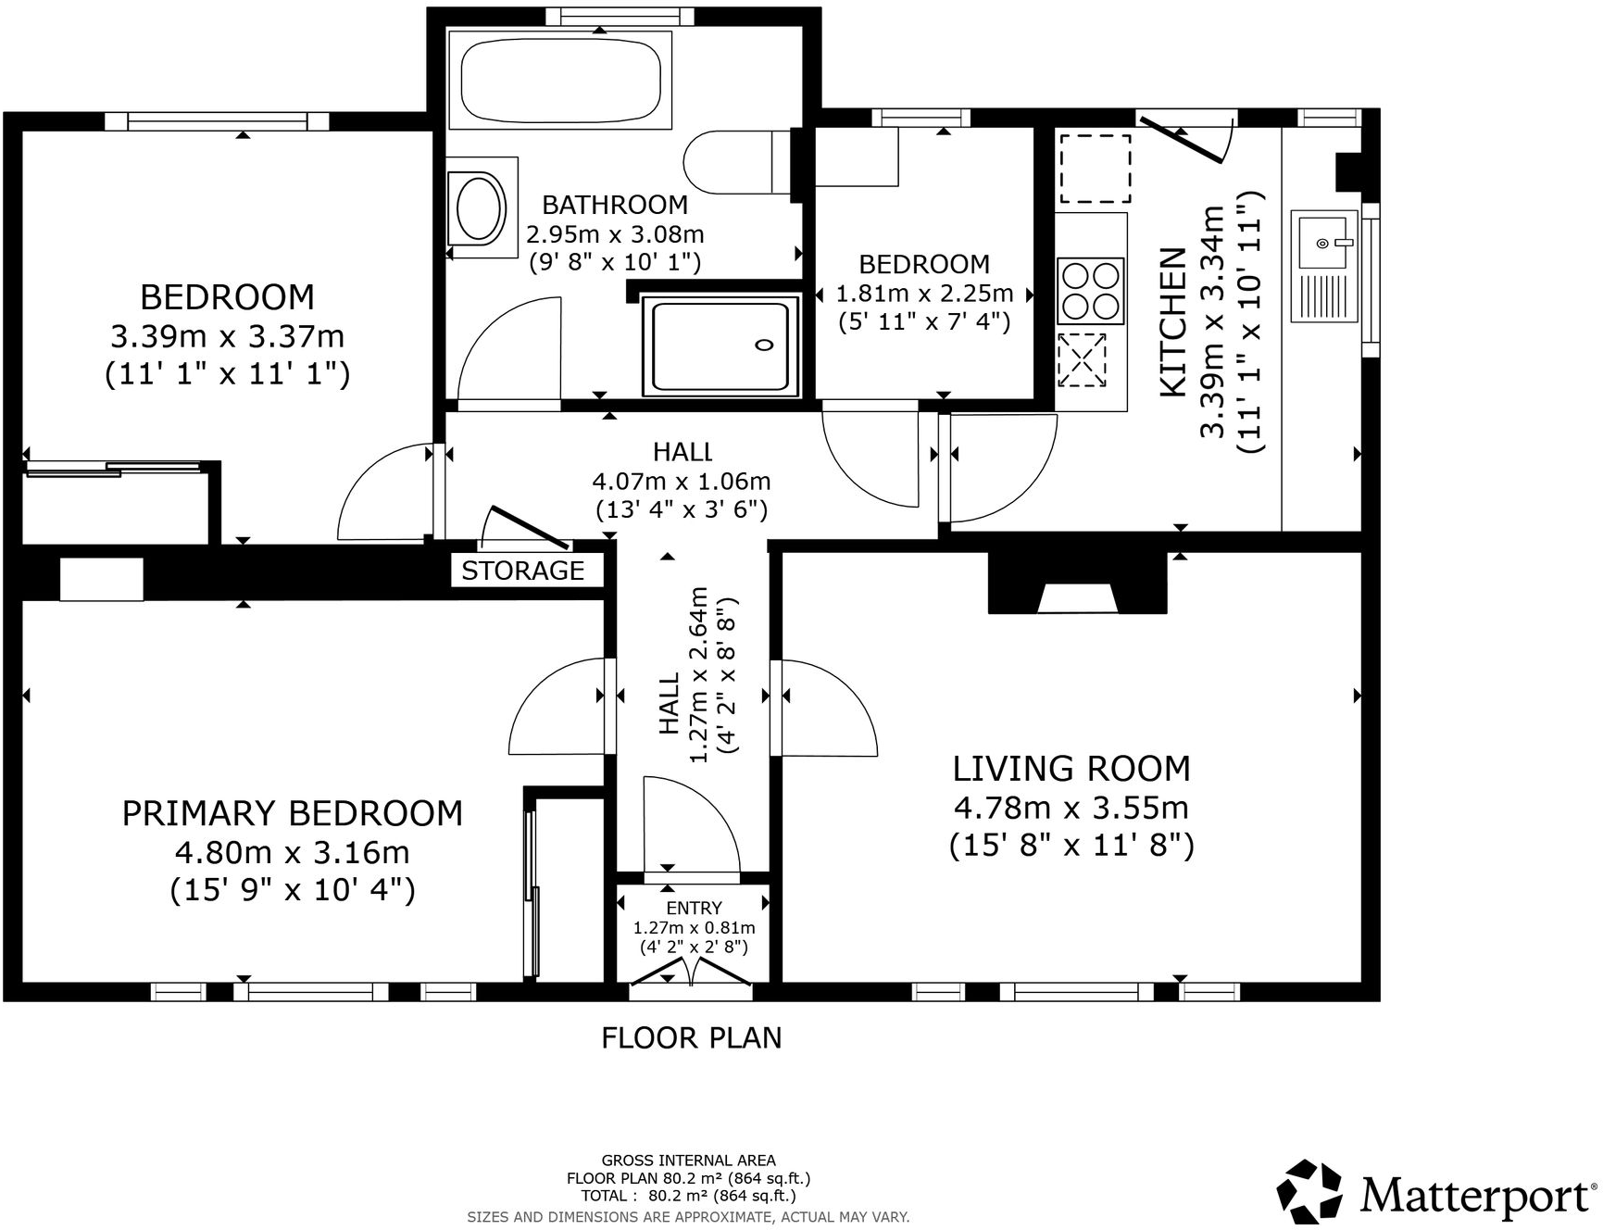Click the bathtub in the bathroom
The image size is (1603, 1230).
click(561, 78)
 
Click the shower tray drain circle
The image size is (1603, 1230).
click(764, 345)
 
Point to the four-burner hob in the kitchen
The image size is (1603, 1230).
click(1091, 291)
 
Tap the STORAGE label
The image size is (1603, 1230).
click(523, 571)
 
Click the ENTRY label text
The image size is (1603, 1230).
click(694, 909)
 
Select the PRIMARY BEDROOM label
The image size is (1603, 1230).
click(293, 813)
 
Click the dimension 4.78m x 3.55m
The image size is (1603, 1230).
click(1071, 808)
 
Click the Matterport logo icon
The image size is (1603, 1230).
click(1309, 1191)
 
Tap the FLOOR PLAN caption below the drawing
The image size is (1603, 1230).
click(692, 1038)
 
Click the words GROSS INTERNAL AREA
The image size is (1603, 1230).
click(689, 1160)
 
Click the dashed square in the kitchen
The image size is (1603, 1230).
click(1096, 168)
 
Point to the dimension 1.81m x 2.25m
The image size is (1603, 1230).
click(924, 294)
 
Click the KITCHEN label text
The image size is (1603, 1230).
click(1172, 322)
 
